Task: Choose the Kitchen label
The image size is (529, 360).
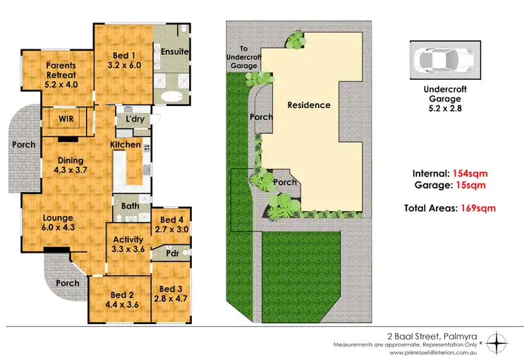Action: (x=125, y=145)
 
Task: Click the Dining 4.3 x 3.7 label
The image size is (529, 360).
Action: (x=75, y=164)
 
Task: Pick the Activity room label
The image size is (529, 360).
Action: (x=128, y=244)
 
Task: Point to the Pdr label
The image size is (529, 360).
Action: (x=172, y=253)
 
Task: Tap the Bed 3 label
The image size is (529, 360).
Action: (x=171, y=294)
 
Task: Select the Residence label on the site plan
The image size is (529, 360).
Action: (x=309, y=105)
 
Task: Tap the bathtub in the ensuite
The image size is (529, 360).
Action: (x=171, y=97)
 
